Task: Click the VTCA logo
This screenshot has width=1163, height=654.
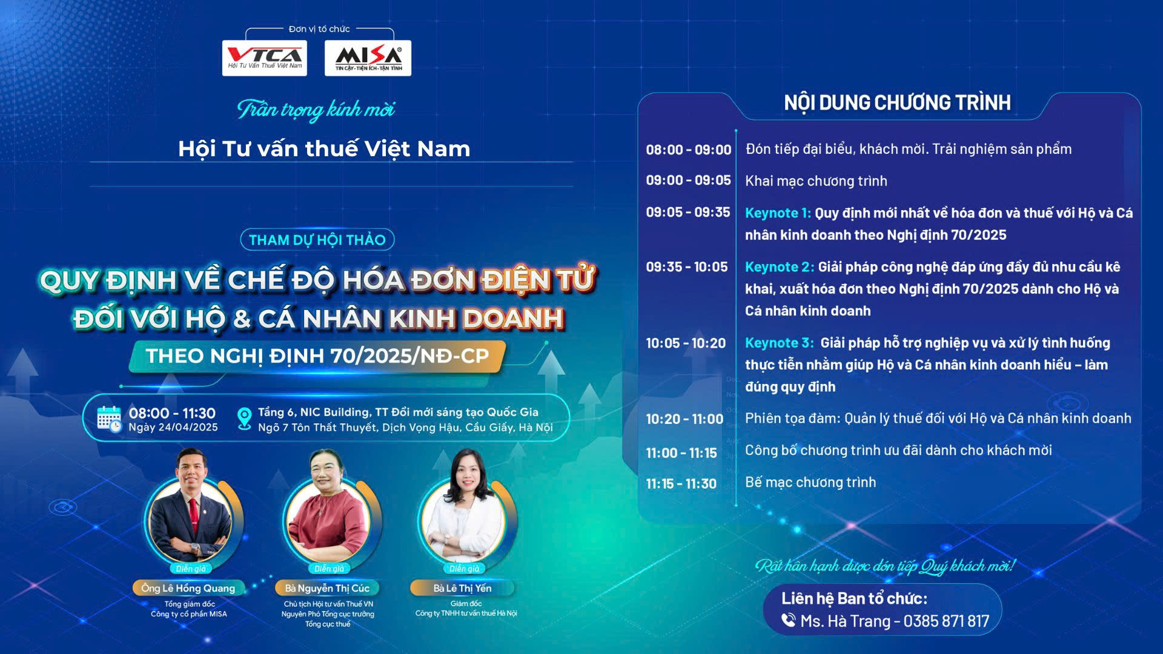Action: (x=264, y=58)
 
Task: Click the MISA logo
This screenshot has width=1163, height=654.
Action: (x=368, y=58)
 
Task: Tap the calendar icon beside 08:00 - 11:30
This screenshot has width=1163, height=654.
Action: (x=109, y=419)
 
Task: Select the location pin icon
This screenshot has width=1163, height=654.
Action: (x=244, y=418)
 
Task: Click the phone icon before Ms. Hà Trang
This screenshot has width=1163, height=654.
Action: (x=788, y=620)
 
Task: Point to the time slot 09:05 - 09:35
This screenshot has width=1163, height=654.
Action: (x=688, y=212)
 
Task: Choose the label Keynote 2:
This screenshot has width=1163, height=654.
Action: (x=780, y=266)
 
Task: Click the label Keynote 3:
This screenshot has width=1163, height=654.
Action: (x=780, y=343)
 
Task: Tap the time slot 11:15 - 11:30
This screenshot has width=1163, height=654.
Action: (x=681, y=484)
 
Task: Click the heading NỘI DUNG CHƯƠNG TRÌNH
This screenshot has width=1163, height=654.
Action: (x=897, y=103)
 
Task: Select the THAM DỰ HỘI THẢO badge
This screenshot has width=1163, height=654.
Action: (x=317, y=240)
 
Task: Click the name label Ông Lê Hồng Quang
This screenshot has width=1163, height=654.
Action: (x=188, y=588)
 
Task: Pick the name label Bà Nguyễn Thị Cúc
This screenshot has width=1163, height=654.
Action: (x=327, y=588)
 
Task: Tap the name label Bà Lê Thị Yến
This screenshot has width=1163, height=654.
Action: (x=462, y=588)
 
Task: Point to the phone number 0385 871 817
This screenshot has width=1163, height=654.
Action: (x=946, y=621)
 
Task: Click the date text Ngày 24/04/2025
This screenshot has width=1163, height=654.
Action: (x=173, y=428)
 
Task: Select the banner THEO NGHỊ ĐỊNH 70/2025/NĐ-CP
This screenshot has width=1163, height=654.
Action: (x=317, y=356)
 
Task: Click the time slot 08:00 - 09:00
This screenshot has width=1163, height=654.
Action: (x=689, y=150)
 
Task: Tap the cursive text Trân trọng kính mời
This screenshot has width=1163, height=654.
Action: (x=316, y=110)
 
